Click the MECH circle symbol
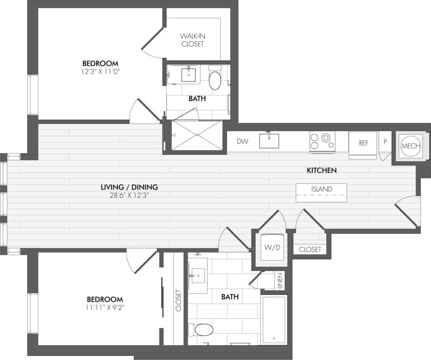pyautogui.click(x=411, y=146)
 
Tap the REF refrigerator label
pyautogui.click(x=364, y=143)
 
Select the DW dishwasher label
pyautogui.click(x=243, y=141)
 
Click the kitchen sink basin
pyautogui.click(x=269, y=141)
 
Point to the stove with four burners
pyautogui.click(x=322, y=141)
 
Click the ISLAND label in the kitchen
pyautogui.click(x=321, y=189)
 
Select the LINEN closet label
pyautogui.click(x=280, y=281)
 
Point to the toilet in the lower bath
pyautogui.click(x=201, y=329)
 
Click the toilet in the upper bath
pyautogui.click(x=215, y=79)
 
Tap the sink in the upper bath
pyautogui.click(x=188, y=75)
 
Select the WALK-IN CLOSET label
pyautogui.click(x=193, y=40)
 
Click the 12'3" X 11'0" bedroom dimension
pyautogui.click(x=100, y=71)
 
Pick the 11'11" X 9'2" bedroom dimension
pyautogui.click(x=105, y=308)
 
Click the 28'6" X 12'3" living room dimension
pyautogui.click(x=129, y=195)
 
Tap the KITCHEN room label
pyautogui.click(x=322, y=170)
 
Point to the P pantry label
pyautogui.click(x=385, y=142)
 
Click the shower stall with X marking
pyautogui.click(x=197, y=135)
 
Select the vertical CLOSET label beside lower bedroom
pyautogui.click(x=178, y=300)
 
